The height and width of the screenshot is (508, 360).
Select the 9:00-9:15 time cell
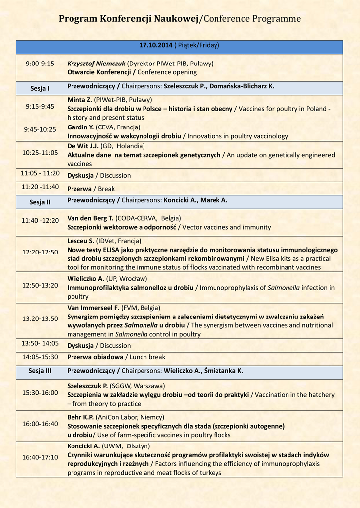point(40,63)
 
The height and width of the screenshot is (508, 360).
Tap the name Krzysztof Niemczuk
point(96,63)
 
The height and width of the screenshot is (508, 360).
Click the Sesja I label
point(40,89)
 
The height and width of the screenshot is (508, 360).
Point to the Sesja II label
point(40,202)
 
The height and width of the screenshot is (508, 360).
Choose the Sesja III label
point(40,371)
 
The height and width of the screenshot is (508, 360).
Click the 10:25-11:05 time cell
point(40,153)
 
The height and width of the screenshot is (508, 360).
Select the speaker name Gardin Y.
point(80,127)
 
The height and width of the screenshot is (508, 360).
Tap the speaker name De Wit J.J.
point(83,146)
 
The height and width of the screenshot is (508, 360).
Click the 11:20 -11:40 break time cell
point(40,187)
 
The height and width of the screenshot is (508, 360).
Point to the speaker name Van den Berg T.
point(90,218)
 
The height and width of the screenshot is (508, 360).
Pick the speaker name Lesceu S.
point(80,241)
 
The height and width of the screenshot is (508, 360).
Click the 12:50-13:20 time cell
point(40,285)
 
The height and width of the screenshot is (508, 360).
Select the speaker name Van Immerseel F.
point(92,308)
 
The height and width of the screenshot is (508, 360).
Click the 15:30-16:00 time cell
point(40,393)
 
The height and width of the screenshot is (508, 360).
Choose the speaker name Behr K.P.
point(80,417)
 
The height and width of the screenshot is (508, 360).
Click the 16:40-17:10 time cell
point(40,457)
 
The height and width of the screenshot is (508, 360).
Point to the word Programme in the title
point(275,19)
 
